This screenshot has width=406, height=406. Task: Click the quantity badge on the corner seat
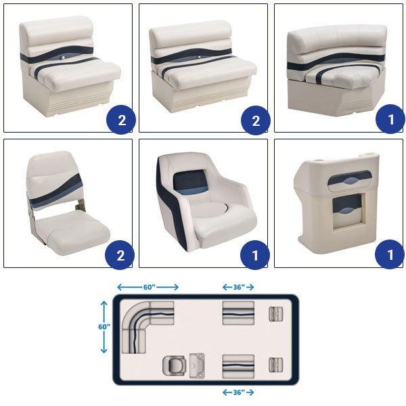(x=390, y=119)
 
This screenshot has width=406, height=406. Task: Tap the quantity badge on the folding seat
(x=120, y=255)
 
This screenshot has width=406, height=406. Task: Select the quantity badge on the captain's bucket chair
(x=255, y=255)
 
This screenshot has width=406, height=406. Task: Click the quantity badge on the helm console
(x=390, y=254)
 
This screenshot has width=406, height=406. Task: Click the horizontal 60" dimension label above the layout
(x=150, y=287)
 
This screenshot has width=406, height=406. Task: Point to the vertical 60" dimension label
(x=104, y=327)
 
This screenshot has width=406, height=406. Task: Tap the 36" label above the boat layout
(x=238, y=287)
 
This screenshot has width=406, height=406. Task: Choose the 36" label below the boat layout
(x=238, y=392)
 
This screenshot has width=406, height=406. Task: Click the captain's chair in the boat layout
(x=174, y=365)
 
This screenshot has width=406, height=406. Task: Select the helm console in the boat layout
(x=197, y=365)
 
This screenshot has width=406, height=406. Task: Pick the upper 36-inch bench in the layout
(x=238, y=313)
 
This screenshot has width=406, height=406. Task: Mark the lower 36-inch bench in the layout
(x=238, y=366)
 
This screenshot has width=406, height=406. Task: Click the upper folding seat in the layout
(x=275, y=314)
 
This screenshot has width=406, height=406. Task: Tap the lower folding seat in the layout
(x=275, y=365)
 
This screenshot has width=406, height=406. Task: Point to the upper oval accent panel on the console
(x=350, y=178)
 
